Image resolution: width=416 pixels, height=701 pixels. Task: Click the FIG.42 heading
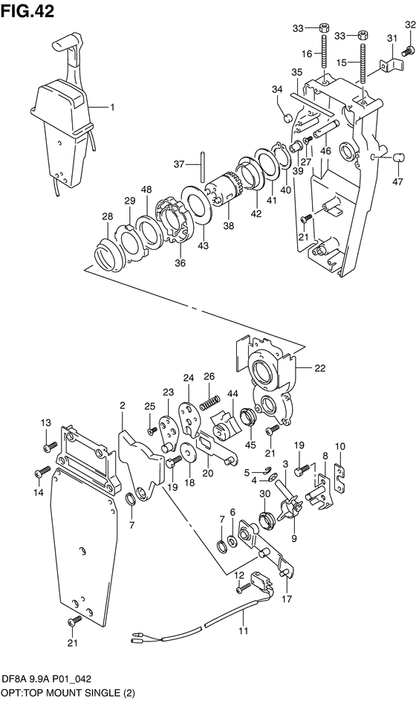coord(27,10)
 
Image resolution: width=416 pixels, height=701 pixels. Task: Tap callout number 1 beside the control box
coord(113,107)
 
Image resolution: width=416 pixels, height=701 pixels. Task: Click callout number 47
coord(398,181)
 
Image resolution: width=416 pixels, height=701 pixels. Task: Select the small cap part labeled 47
coord(399,158)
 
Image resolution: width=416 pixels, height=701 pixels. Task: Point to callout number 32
coord(410,25)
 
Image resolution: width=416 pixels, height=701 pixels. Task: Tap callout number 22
coord(320,369)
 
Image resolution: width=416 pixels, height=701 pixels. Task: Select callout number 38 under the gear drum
coord(228,226)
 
